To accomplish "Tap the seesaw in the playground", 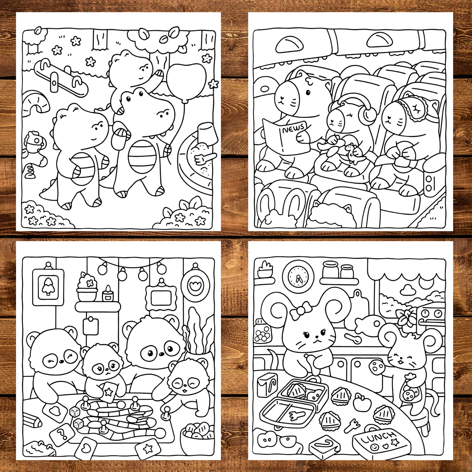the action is (x=61, y=78).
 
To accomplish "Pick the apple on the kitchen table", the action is (x=362, y=402).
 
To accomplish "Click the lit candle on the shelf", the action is (x=108, y=294).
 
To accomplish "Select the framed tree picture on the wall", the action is (x=48, y=287).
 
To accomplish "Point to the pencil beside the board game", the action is (x=32, y=419).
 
